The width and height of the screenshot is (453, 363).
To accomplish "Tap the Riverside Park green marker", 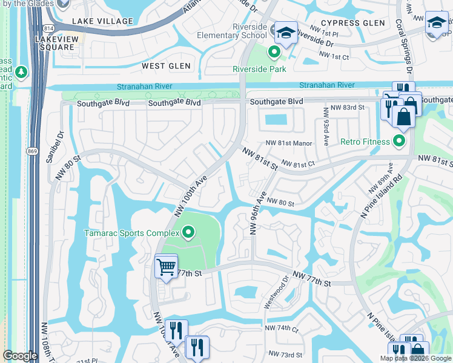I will coord(274,53).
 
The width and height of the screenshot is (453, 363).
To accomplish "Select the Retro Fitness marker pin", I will coord(398,142).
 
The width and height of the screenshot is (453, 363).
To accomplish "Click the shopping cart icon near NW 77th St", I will coord(166,266).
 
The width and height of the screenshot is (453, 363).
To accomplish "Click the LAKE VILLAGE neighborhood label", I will coord(102,21).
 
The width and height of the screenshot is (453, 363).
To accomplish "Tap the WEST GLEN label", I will coord(166,65).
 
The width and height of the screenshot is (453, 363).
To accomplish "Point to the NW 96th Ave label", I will coord(256,212).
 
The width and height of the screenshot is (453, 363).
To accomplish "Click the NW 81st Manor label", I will coord(288,143).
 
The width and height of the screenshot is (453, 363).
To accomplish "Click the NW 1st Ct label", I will coord(334,56).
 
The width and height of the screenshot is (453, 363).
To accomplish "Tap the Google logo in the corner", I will coord(20,356).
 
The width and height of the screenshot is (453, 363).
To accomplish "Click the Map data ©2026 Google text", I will coord(415,358).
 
